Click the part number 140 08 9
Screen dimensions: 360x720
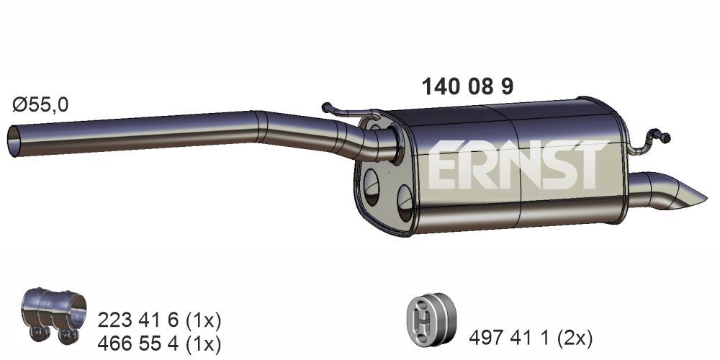[x=467, y=87]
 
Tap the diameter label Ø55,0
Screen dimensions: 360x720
[x=40, y=105]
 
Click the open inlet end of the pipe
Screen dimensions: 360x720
[x=15, y=140]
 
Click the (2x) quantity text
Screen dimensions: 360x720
[x=577, y=336]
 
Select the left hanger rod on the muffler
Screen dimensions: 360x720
[x=349, y=111]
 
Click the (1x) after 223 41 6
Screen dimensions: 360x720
[x=204, y=319]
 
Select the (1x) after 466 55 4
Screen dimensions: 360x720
[x=204, y=343]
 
